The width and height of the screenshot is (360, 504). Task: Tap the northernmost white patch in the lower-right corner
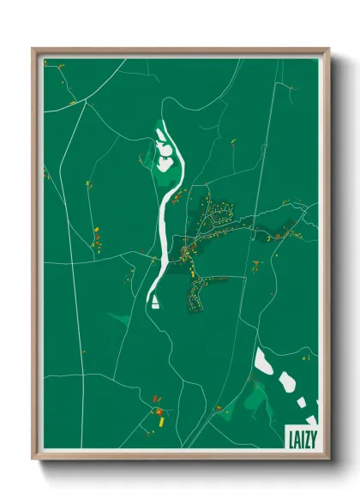click(x=264, y=361)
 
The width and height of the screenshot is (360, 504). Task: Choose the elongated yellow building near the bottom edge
click(x=159, y=421)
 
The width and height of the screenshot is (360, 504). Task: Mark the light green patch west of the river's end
click(x=121, y=319)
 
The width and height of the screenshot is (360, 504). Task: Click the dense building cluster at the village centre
click(x=186, y=252)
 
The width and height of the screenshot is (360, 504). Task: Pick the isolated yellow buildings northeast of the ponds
click(x=232, y=142)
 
